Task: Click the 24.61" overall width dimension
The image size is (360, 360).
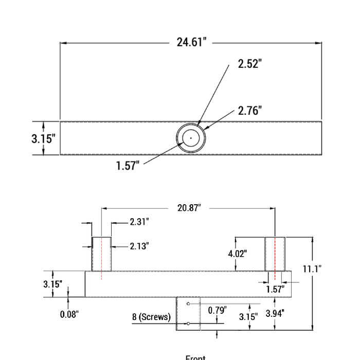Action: click(x=191, y=43)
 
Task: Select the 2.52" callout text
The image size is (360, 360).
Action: click(x=250, y=64)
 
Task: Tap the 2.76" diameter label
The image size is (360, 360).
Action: click(x=250, y=111)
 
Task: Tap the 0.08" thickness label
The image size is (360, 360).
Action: click(x=68, y=315)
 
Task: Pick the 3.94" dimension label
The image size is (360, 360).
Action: click(x=276, y=313)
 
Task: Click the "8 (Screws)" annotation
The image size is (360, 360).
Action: click(x=151, y=317)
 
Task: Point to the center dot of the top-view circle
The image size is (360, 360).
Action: click(x=191, y=138)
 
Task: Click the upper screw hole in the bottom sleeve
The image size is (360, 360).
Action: click(x=189, y=304)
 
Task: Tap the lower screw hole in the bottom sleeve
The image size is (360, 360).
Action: click(x=189, y=323)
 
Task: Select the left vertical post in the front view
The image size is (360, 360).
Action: click(x=101, y=254)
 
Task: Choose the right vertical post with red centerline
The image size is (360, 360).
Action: click(x=275, y=254)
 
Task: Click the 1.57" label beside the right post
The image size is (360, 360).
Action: click(x=276, y=290)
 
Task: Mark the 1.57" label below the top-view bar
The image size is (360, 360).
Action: click(x=128, y=166)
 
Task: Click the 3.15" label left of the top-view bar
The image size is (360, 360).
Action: click(x=44, y=138)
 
